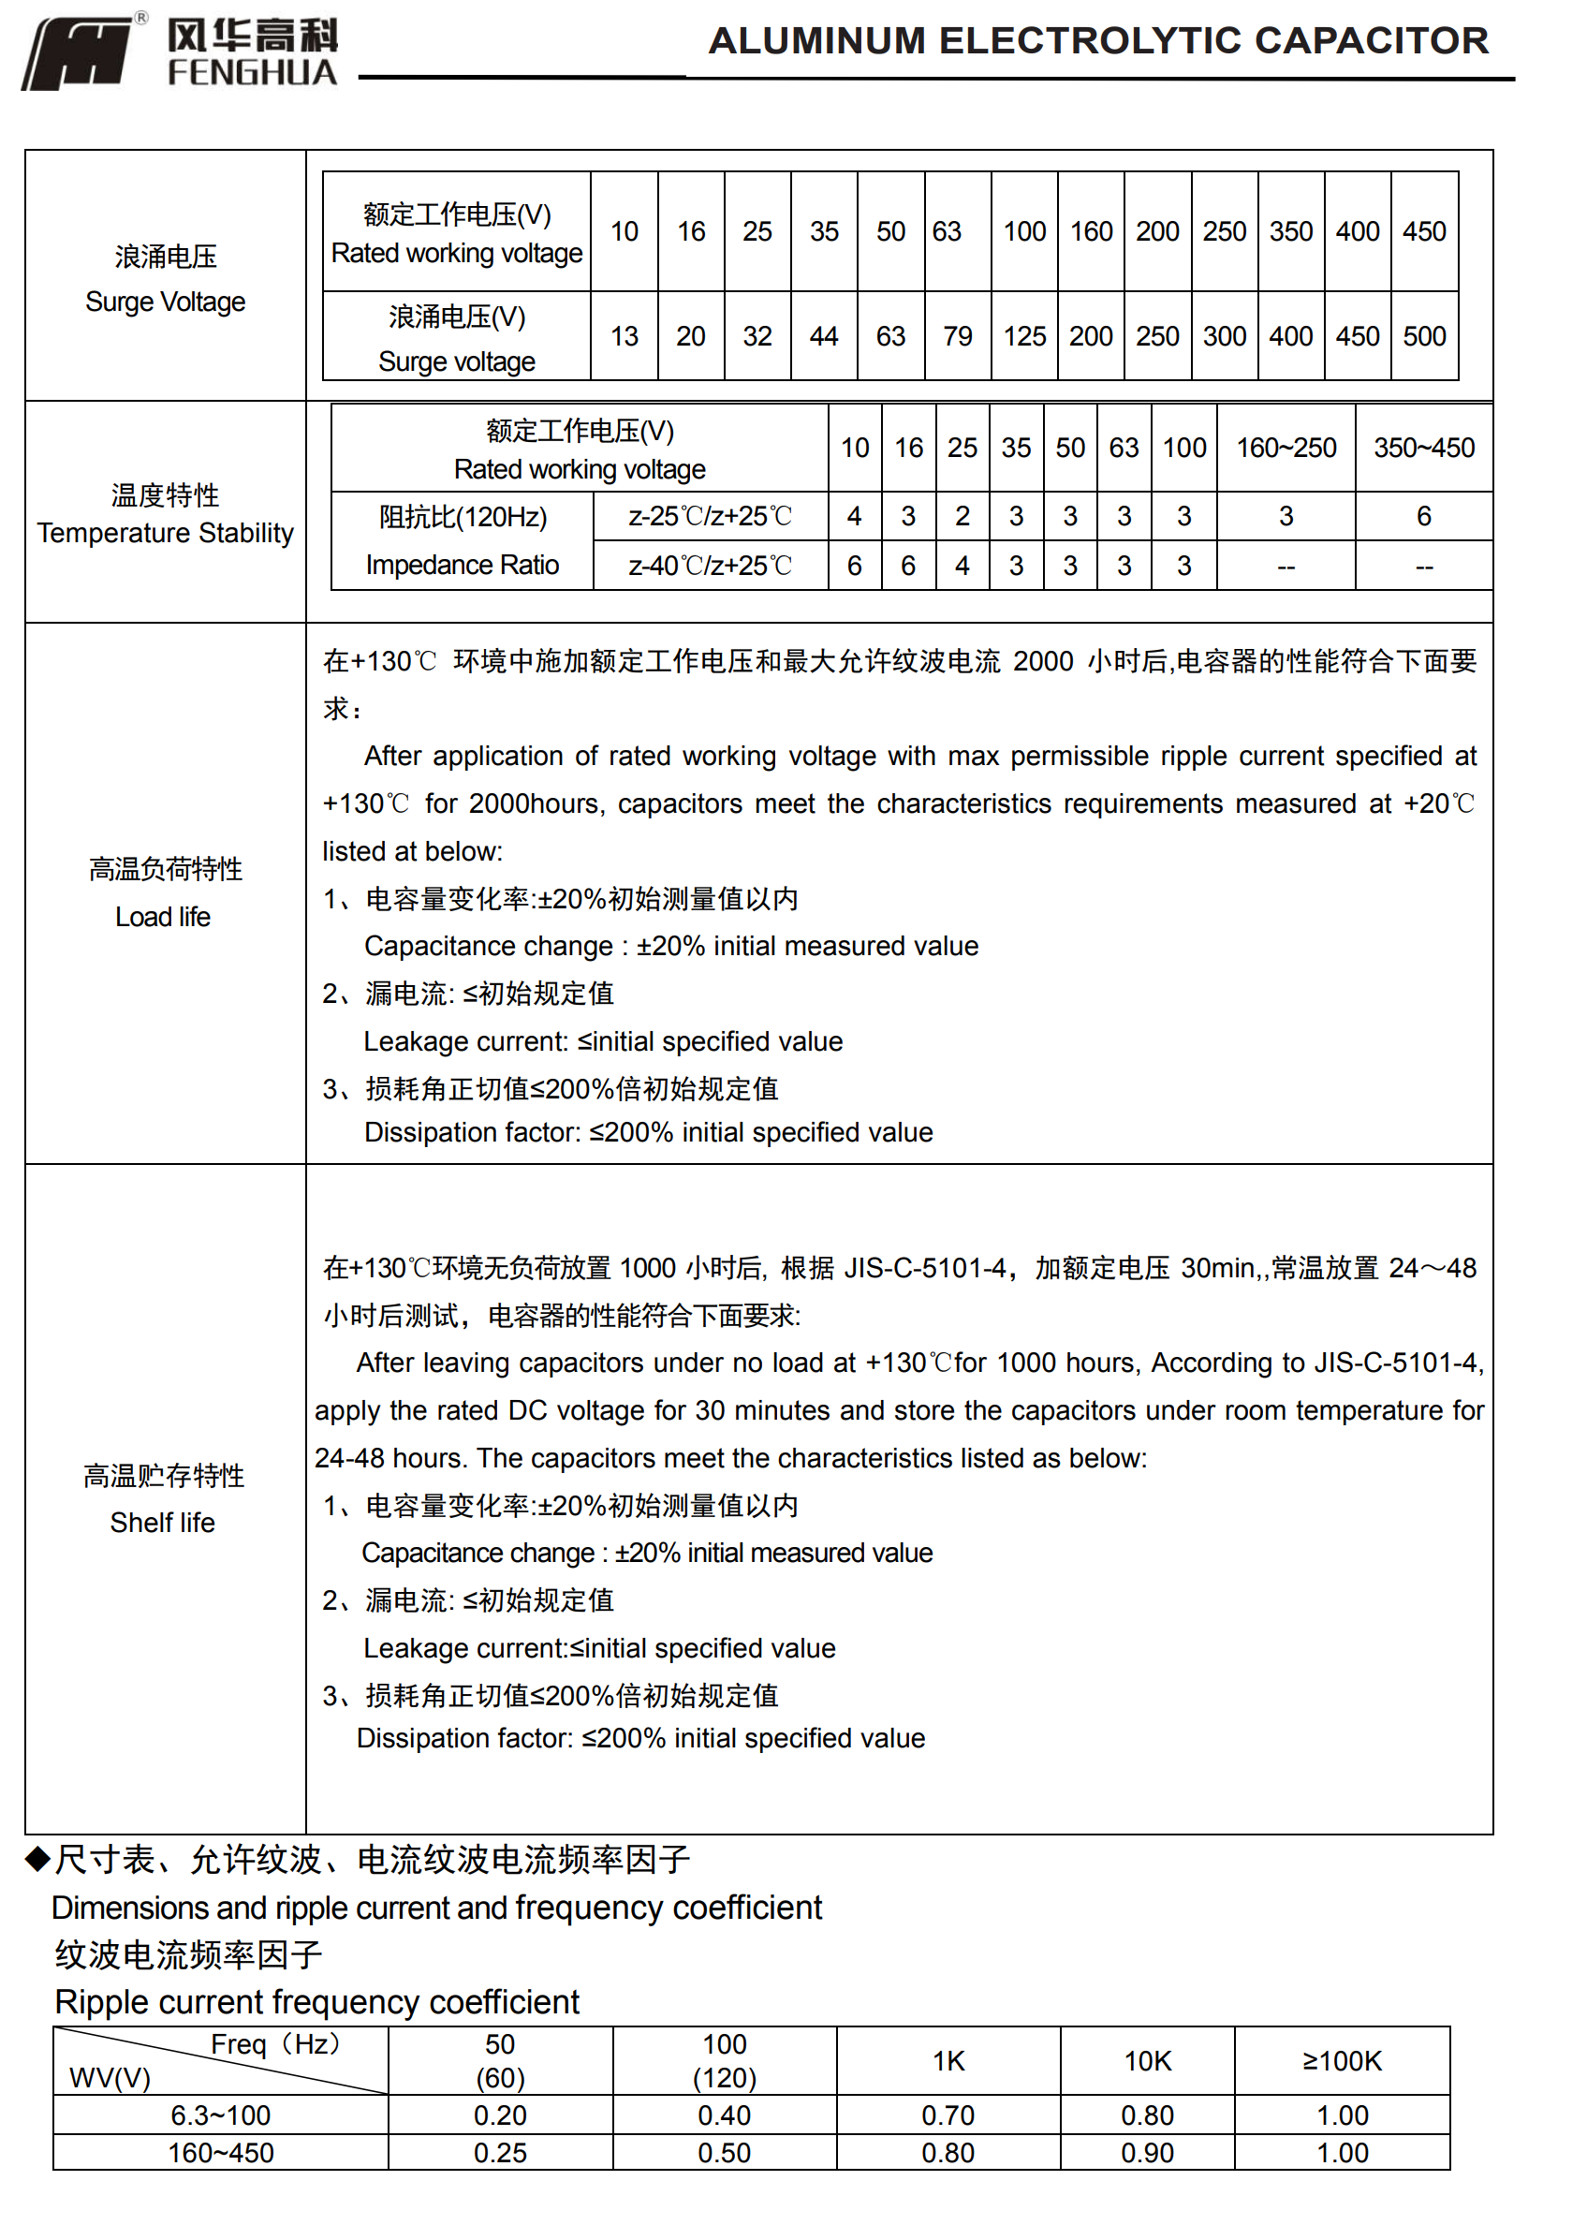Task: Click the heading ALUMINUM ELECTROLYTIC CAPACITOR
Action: (x=1097, y=41)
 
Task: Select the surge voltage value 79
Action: (x=957, y=336)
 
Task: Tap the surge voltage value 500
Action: (x=1424, y=336)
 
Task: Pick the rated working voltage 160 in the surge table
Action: (x=1091, y=231)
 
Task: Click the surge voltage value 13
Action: (x=625, y=336)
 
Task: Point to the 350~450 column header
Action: (x=1424, y=448)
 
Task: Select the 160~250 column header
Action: (x=1286, y=448)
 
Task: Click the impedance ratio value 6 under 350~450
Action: (x=1424, y=516)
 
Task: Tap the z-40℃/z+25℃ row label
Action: (x=710, y=566)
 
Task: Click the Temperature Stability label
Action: (x=165, y=533)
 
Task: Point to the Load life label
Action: (x=163, y=917)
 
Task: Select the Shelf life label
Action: (x=162, y=1523)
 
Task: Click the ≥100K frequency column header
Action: (x=1342, y=2061)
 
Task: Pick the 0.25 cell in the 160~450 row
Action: (x=499, y=2153)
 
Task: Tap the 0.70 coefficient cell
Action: (x=948, y=2115)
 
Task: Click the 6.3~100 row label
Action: (x=221, y=2115)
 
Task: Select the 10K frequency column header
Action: (x=1147, y=2061)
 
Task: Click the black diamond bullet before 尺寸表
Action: (x=37, y=1859)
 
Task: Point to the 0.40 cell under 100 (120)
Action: (x=724, y=2115)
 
